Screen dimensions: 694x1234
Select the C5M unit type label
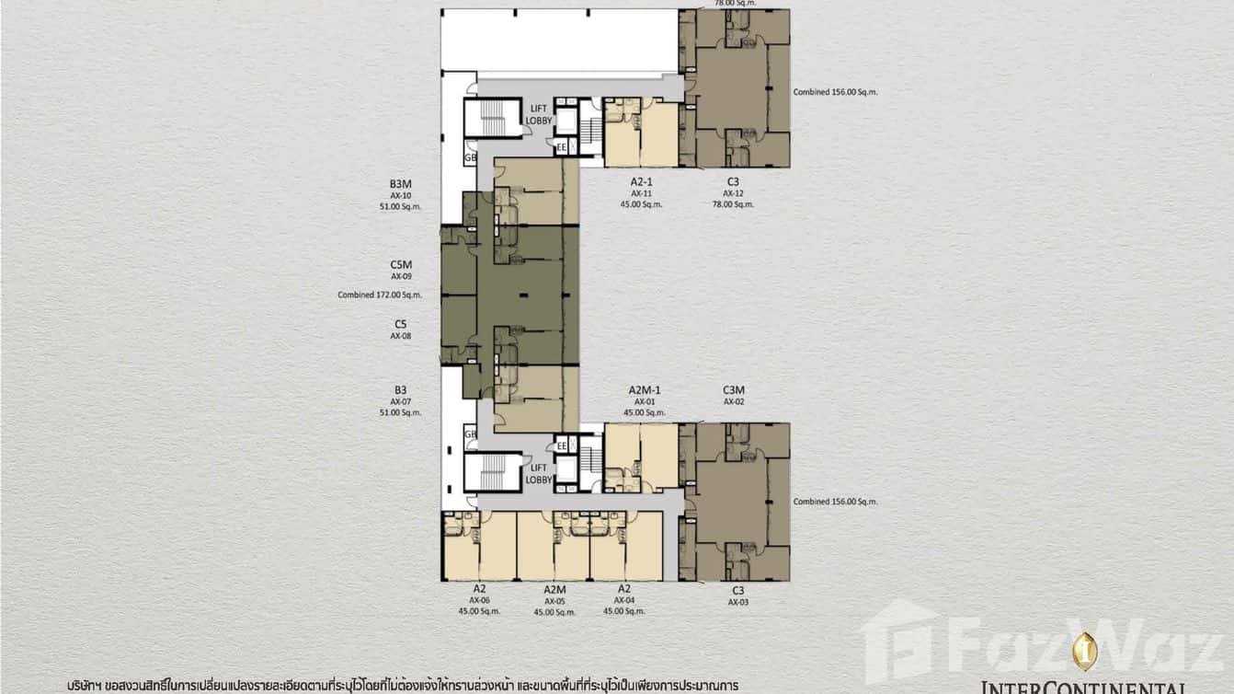click(401, 264)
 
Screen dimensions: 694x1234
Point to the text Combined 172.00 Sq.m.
click(379, 295)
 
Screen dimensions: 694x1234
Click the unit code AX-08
click(401, 336)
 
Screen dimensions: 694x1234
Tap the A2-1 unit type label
click(641, 181)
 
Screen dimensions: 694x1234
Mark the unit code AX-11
click(641, 193)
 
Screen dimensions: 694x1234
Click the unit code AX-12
click(733, 193)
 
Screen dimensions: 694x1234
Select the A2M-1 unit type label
click(646, 390)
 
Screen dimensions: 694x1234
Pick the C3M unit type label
click(733, 390)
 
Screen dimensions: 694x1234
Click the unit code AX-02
click(733, 401)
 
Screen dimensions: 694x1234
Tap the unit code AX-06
click(479, 600)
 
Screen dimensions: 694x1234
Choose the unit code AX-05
click(554, 600)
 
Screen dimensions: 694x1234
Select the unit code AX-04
click(624, 600)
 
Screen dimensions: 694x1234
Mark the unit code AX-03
click(737, 602)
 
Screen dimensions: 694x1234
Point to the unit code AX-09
click(401, 276)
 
